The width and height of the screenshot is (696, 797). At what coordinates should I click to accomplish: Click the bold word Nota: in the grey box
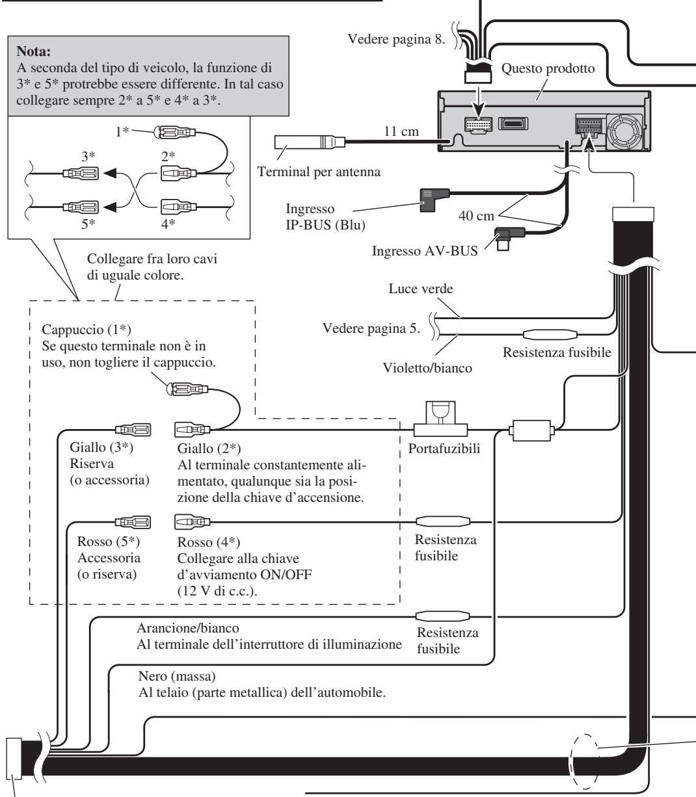coord(34,51)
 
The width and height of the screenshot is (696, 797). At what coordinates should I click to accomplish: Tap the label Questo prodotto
coord(548,68)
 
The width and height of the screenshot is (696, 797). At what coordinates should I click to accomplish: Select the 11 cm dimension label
coord(401,131)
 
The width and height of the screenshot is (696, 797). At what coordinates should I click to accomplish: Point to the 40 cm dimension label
coord(476,215)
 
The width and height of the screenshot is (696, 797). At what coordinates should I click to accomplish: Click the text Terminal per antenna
coord(319,172)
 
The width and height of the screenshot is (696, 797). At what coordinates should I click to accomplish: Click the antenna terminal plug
coord(310,142)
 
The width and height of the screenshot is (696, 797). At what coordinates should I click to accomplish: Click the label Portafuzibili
coord(444,449)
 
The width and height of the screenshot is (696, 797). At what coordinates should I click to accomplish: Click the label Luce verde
coord(421,289)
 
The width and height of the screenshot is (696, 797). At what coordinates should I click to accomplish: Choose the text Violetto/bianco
coord(427,368)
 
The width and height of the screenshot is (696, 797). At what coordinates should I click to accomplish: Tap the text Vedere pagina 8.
coord(396,39)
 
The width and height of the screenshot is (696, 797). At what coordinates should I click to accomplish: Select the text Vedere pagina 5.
coord(371,328)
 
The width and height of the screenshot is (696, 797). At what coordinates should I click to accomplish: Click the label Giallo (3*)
coord(101,447)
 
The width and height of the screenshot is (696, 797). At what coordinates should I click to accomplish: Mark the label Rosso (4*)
coord(209,542)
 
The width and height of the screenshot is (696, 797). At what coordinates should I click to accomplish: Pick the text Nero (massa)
coord(177,676)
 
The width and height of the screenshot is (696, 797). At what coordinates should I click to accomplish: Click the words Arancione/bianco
coord(188,628)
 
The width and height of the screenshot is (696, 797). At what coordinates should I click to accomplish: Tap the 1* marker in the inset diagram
coord(122,131)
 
